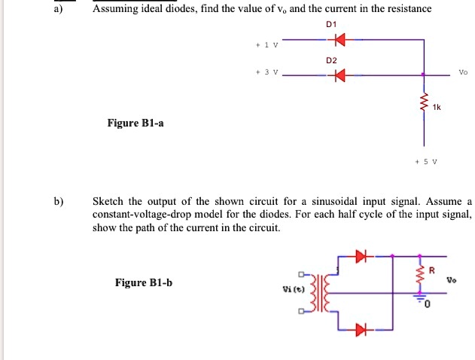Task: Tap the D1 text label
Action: coord(331,24)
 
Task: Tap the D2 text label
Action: coord(331,60)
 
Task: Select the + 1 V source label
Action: coord(267,45)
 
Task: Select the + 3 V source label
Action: coord(267,72)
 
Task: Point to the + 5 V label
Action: coord(426,161)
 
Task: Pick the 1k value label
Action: coord(437,107)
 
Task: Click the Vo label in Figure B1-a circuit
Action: coord(463,72)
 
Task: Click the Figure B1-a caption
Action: coord(135,123)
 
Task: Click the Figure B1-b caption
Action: coord(144,282)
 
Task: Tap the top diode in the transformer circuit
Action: coord(361,256)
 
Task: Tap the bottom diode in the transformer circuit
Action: coord(361,330)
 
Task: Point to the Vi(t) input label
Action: coord(294,289)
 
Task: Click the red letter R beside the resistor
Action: coord(432,270)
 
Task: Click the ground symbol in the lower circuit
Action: coord(420,297)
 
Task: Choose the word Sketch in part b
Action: coord(108,201)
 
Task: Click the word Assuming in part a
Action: coord(115,9)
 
